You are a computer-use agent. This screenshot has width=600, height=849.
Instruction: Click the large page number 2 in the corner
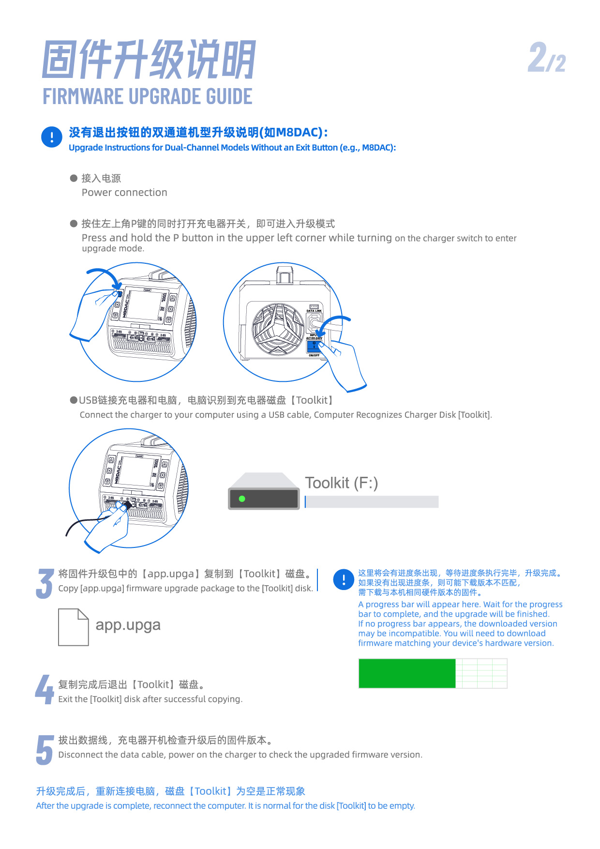pyautogui.click(x=538, y=57)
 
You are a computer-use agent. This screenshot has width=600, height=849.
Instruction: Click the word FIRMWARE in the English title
pyautogui.click(x=84, y=96)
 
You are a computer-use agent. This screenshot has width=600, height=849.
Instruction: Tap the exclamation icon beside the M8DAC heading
pyautogui.click(x=52, y=137)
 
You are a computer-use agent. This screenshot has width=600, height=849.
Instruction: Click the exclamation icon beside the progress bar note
pyautogui.click(x=344, y=579)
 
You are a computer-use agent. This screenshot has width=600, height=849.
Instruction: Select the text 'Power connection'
pyautogui.click(x=124, y=193)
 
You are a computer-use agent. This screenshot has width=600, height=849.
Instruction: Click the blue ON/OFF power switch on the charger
pyautogui.click(x=314, y=346)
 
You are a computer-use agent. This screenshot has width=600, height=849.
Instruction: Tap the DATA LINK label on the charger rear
pyautogui.click(x=314, y=311)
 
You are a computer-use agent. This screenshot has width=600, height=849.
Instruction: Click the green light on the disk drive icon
pyautogui.click(x=242, y=499)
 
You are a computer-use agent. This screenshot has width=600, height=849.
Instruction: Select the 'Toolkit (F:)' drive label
pyautogui.click(x=342, y=483)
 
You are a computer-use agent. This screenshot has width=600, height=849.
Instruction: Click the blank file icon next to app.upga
pyautogui.click(x=74, y=627)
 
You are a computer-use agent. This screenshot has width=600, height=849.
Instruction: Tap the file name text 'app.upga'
pyautogui.click(x=128, y=625)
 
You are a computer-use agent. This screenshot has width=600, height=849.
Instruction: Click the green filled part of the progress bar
pyautogui.click(x=407, y=673)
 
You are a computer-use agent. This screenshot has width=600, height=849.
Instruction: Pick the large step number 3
pyautogui.click(x=45, y=584)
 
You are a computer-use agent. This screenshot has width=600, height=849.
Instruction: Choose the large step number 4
pyautogui.click(x=45, y=689)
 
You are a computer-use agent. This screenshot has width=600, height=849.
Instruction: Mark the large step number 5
pyautogui.click(x=45, y=750)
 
